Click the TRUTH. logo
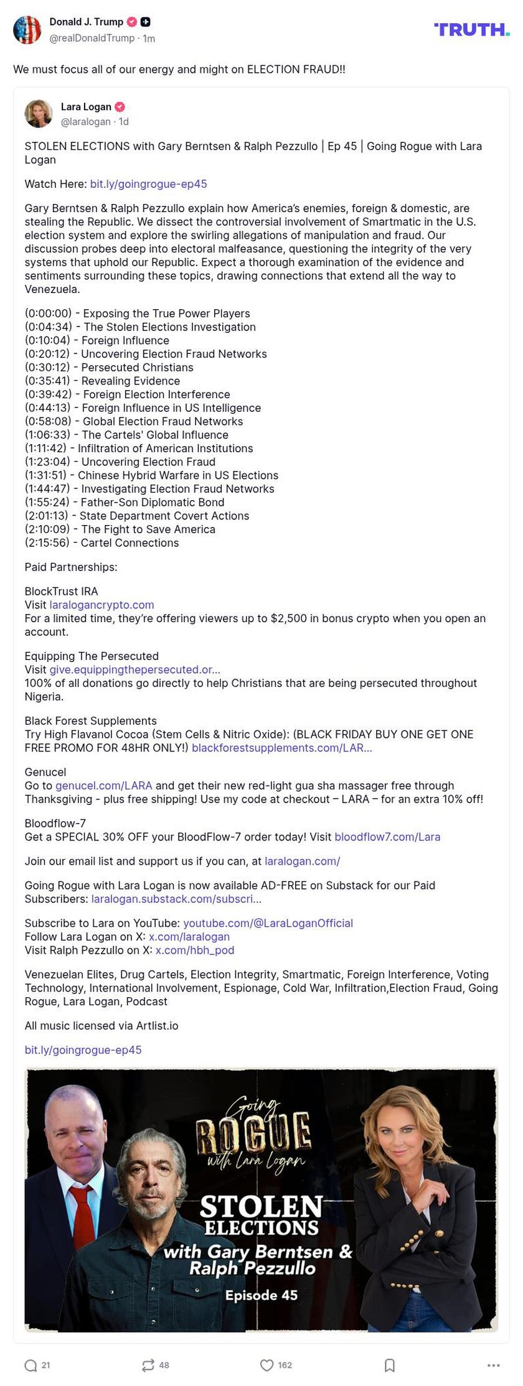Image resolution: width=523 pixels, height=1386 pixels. pos(471,29)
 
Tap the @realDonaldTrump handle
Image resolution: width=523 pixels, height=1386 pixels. pos(92,38)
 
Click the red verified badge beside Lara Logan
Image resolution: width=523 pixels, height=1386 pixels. pos(120,107)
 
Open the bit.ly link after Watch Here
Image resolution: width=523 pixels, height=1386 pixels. pos(148,184)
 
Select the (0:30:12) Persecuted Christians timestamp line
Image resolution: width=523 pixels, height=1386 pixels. pos(109,368)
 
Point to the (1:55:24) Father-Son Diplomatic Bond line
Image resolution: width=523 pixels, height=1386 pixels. pos(125,503)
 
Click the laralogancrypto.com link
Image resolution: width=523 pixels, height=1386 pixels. pos(101,605)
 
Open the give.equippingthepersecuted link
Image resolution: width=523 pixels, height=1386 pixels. pos(134,669)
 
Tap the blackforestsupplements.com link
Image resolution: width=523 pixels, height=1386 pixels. pos(281,748)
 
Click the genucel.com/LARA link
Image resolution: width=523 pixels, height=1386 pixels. pos(103,786)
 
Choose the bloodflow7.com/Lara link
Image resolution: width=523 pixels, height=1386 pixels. pos(387,837)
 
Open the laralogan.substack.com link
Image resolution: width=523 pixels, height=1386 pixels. pos(176,899)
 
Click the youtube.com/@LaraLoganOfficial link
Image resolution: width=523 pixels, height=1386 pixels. pos(268,923)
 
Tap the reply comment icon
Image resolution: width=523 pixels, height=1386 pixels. pos(31,1365)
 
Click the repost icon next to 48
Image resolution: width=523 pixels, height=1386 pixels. pos(148,1365)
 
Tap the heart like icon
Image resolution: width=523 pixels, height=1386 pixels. pos(266,1365)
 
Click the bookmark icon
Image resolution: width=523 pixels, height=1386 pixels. pos(390,1365)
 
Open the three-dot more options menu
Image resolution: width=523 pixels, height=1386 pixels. pos(494,1365)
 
